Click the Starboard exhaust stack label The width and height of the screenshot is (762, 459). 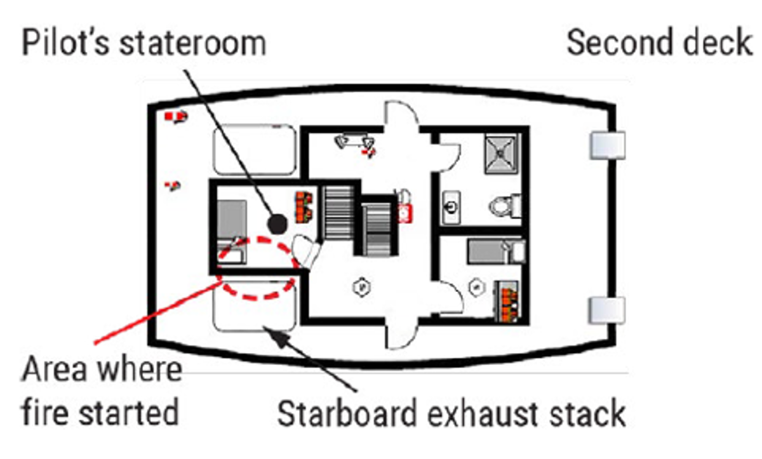click(451, 414)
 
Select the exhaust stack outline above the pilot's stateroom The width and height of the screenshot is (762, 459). click(255, 150)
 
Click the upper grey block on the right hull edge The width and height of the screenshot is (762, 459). click(607, 145)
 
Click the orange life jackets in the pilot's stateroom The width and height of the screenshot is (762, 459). click(304, 207)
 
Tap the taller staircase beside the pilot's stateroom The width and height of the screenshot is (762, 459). click(338, 213)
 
